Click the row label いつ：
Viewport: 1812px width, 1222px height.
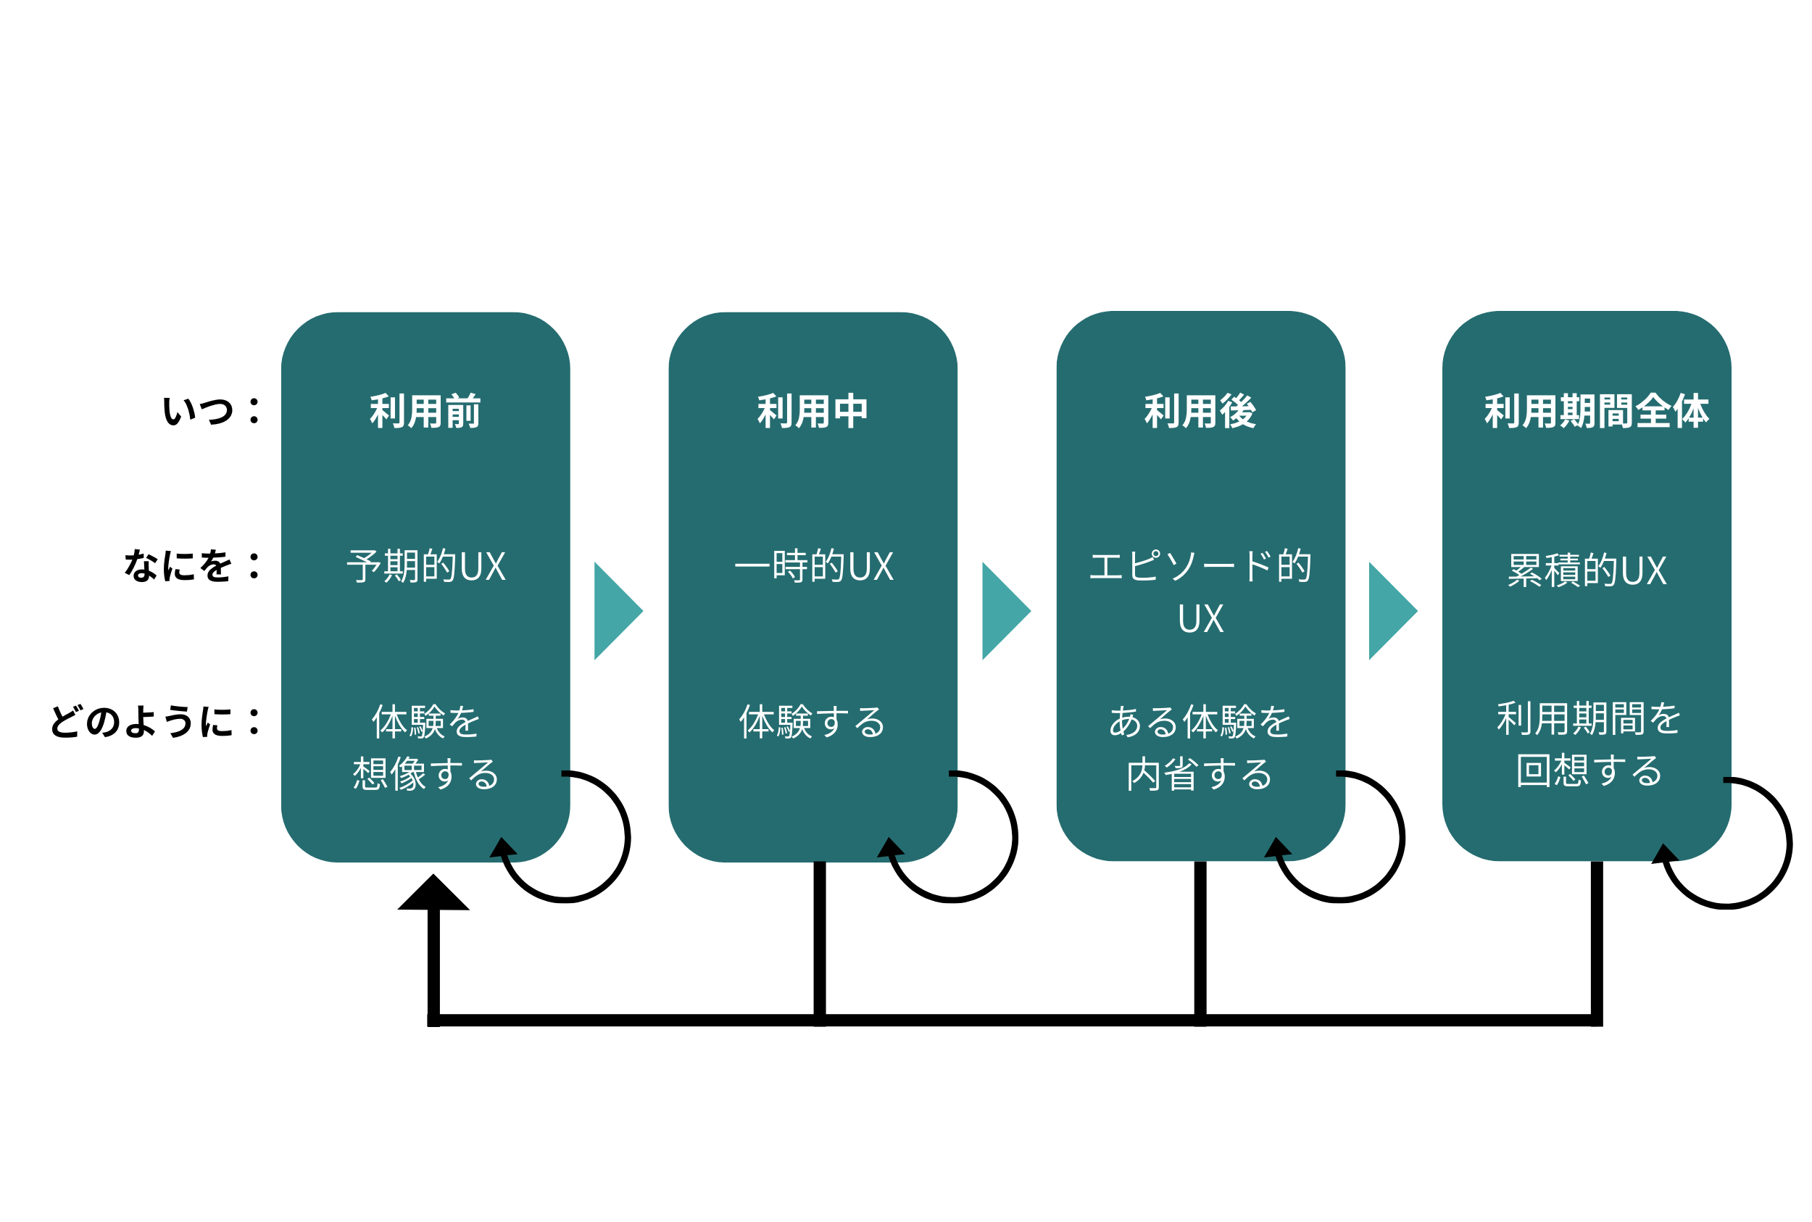(x=210, y=411)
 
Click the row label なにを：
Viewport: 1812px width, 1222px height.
(x=192, y=566)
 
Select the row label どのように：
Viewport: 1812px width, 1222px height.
(x=154, y=721)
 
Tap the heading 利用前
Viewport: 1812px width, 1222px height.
(x=425, y=412)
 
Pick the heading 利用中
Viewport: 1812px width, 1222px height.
(x=812, y=412)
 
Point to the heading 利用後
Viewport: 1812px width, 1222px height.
(x=1200, y=412)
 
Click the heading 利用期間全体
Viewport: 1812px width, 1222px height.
(x=1595, y=412)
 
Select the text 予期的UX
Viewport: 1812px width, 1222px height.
(x=425, y=567)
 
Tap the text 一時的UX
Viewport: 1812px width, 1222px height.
(x=813, y=567)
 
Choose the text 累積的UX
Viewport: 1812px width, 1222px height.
(x=1587, y=570)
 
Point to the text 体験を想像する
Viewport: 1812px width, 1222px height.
(x=425, y=747)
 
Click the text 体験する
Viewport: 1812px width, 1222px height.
(x=812, y=722)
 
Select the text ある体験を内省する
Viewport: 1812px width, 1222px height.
(x=1200, y=747)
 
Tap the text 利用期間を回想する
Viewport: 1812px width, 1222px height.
(x=1588, y=744)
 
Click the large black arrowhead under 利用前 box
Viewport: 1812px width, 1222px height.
(x=433, y=894)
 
